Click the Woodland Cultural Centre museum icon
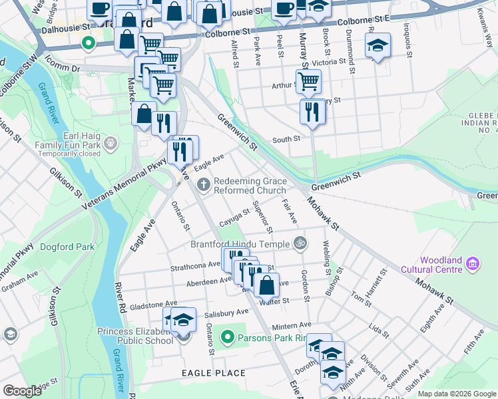473,264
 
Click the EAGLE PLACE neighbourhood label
214,373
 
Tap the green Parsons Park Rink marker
228,337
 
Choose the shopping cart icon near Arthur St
308,81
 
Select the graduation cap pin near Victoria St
377,45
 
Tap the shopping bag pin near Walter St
266,285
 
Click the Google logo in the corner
23,391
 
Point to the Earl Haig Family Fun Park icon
110,142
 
